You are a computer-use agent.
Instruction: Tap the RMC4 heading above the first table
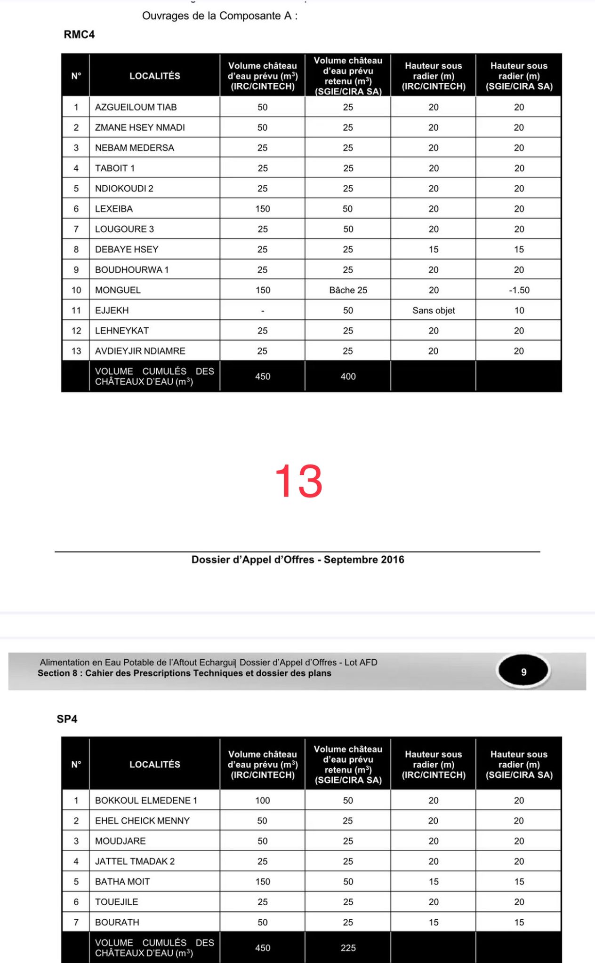tap(79, 35)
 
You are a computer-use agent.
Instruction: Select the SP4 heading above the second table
tap(67, 719)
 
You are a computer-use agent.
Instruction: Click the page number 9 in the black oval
tap(523, 672)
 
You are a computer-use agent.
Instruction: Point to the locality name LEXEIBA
tap(114, 209)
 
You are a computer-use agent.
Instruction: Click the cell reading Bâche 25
tap(348, 290)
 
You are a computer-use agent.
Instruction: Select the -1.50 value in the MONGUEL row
tap(519, 290)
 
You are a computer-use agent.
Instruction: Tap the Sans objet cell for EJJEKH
tap(434, 310)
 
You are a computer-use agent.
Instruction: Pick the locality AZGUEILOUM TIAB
tap(136, 107)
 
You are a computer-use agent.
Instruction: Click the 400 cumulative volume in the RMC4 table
tap(348, 376)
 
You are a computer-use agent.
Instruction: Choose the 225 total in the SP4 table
tap(348, 948)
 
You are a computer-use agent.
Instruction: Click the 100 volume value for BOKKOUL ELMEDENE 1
tap(263, 800)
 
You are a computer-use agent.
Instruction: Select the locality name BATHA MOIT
tap(122, 882)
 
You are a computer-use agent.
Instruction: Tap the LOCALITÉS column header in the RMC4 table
tap(155, 76)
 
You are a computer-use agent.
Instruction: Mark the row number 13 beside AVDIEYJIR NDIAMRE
tap(76, 351)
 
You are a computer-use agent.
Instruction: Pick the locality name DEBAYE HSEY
tap(127, 249)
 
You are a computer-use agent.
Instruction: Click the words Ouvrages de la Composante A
tap(219, 16)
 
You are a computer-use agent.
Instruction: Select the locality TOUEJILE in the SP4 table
tap(117, 902)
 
